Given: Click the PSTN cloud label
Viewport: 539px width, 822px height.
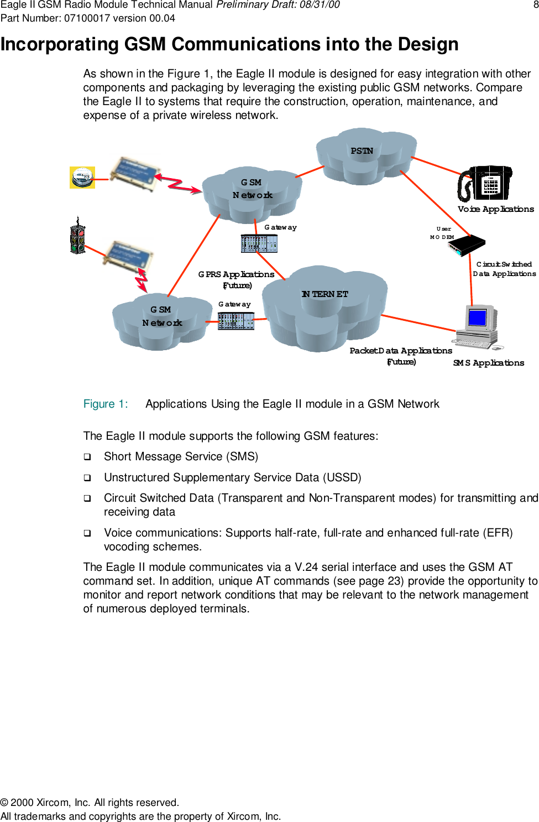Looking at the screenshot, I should pyautogui.click(x=362, y=151).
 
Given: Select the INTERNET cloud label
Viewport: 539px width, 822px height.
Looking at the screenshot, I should pyautogui.click(x=325, y=294).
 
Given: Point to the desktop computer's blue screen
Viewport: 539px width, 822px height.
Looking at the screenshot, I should pyautogui.click(x=477, y=318).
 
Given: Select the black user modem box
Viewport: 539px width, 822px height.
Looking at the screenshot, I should pyautogui.click(x=467, y=245).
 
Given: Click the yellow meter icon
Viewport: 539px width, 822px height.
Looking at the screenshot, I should pyautogui.click(x=82, y=178).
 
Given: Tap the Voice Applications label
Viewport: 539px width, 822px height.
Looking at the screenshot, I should pyautogui.click(x=495, y=209).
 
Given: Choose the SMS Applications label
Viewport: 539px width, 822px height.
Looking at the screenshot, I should pyautogui.click(x=488, y=363).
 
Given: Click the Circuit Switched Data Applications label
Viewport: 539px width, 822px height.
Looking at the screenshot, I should pyautogui.click(x=504, y=269).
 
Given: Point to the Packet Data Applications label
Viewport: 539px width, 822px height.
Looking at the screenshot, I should pyautogui.click(x=401, y=351).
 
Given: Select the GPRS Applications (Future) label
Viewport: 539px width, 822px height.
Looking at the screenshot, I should pyautogui.click(x=237, y=279).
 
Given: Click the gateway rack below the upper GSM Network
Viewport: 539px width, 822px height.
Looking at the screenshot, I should pyautogui.click(x=259, y=243).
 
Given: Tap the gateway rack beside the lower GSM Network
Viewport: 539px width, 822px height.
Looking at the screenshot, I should pyautogui.click(x=236, y=321).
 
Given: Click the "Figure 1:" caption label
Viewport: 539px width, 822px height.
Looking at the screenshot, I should pyautogui.click(x=106, y=404).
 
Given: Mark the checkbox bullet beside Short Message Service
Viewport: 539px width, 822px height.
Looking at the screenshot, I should pyautogui.click(x=87, y=457).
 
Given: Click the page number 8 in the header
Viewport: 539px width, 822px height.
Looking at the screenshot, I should pyautogui.click(x=535, y=5).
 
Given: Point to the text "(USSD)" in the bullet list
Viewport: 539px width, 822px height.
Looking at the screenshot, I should pyautogui.click(x=342, y=477).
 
